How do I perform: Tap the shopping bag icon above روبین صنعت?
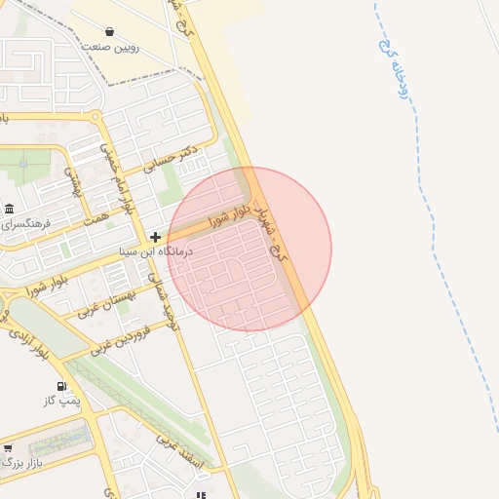[x=107, y=31]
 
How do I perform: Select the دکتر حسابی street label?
[x=171, y=160]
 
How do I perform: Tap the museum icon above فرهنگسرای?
[x=9, y=210]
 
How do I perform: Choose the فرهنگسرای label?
[x=26, y=224]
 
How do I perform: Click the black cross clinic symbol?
[x=155, y=237]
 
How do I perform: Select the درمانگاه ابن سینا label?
[x=156, y=251]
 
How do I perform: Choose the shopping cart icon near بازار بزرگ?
[x=9, y=448]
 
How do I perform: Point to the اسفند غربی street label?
[x=183, y=453]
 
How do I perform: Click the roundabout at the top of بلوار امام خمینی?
[x=96, y=116]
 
